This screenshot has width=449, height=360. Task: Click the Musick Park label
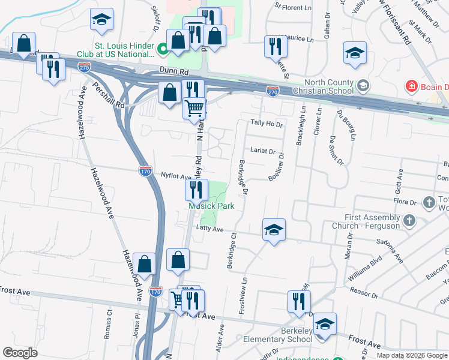[211, 206]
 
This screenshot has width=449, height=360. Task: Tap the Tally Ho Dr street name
[267, 124]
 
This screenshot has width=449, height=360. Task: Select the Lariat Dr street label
[263, 152]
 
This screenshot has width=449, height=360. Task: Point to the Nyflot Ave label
[176, 177]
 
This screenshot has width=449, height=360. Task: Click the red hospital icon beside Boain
[411, 86]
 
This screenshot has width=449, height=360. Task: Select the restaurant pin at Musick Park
[196, 190]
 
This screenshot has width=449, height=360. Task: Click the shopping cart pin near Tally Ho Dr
[194, 109]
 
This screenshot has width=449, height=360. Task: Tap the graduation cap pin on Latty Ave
[274, 230]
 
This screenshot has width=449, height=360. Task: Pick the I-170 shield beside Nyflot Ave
[145, 171]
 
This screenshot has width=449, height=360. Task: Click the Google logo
[20, 353]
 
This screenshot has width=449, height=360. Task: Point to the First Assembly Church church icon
[409, 221]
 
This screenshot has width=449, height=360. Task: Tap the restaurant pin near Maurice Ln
[275, 46]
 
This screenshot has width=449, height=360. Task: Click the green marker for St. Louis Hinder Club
[161, 49]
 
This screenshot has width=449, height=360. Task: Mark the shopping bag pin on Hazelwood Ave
[145, 263]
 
